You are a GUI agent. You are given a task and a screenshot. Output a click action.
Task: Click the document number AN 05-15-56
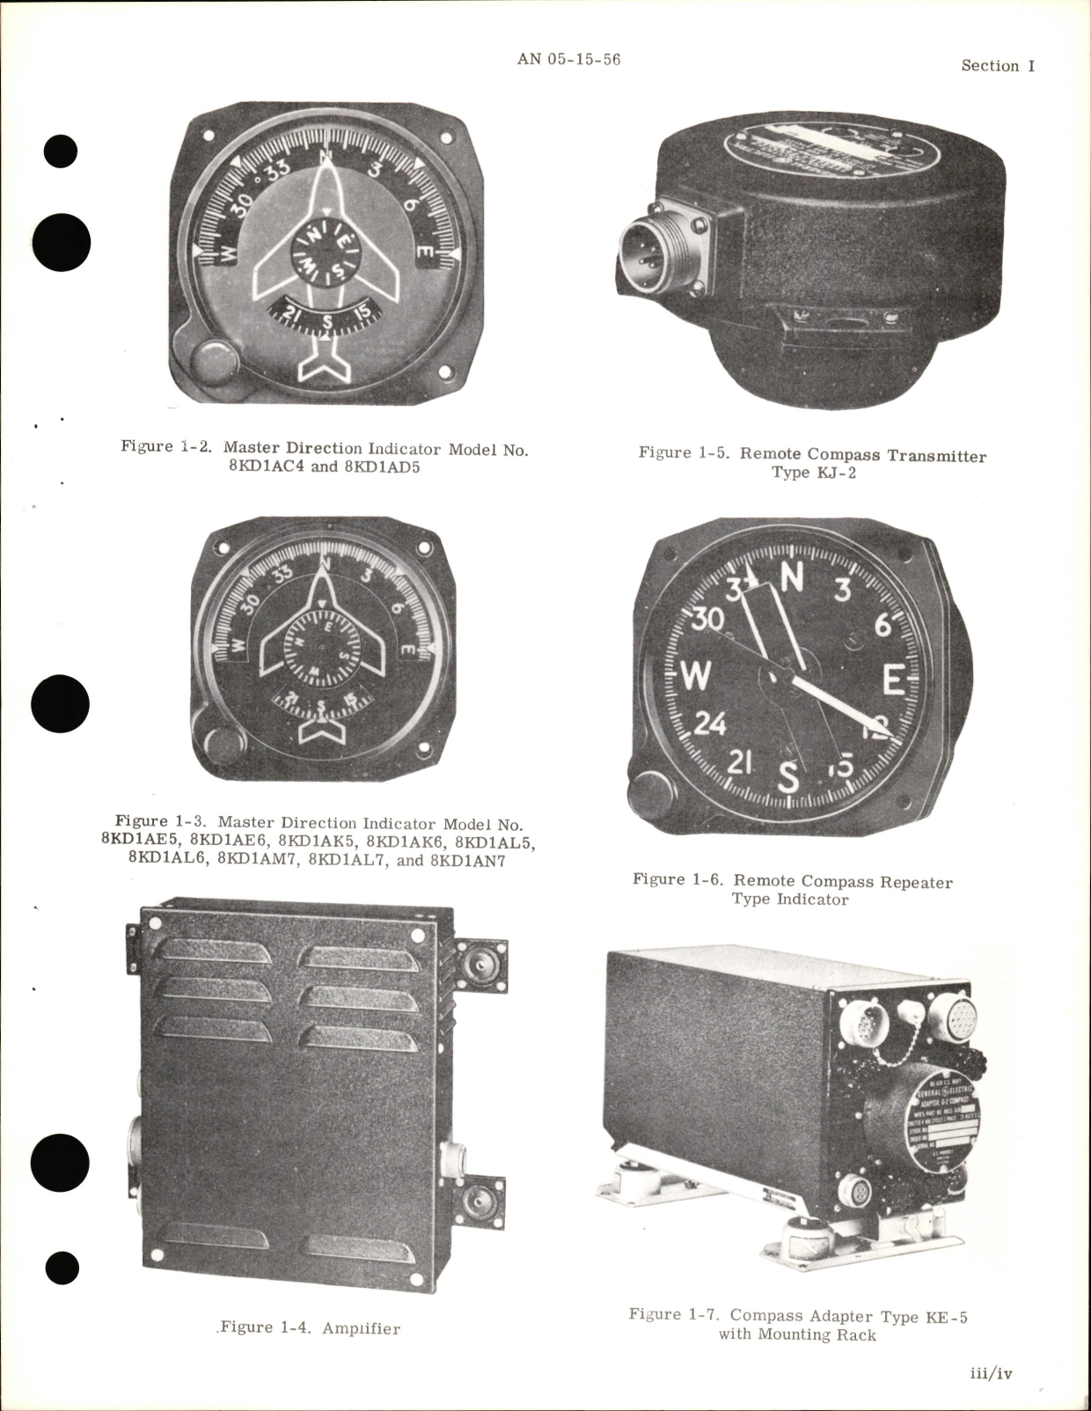[568, 60]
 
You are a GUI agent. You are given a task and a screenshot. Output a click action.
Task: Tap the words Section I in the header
[998, 66]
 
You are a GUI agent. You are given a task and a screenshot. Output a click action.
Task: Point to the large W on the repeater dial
[695, 676]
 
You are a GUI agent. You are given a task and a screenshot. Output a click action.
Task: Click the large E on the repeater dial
[894, 680]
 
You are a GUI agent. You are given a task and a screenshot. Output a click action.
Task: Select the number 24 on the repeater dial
[710, 724]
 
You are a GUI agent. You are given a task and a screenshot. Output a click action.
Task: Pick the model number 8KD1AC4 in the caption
[268, 467]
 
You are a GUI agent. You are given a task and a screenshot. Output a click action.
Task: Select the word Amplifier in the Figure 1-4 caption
[361, 1328]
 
